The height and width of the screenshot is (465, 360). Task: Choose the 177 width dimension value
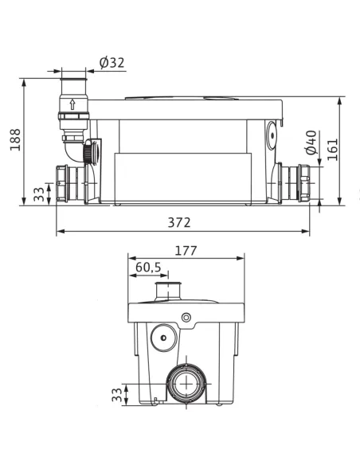[186, 251]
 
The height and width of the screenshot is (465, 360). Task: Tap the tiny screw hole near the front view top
[186, 318]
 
